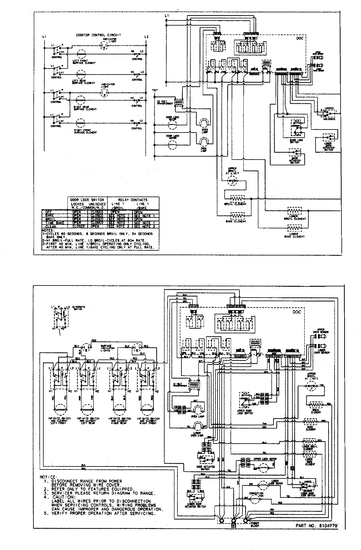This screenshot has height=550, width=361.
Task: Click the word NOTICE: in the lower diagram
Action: pyautogui.click(x=48, y=477)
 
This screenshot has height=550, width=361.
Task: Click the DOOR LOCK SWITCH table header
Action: pyautogui.click(x=87, y=200)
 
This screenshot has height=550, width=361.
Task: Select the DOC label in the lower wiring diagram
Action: pyautogui.click(x=297, y=312)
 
